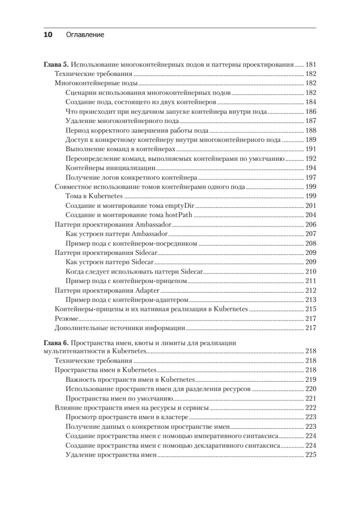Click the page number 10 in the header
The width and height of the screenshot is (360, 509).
tap(47, 35)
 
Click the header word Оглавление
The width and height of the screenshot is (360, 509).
tap(85, 35)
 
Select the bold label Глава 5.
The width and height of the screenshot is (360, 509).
tap(56, 65)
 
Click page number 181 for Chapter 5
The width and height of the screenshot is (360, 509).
tap(311, 65)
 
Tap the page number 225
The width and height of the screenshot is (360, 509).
tap(311, 455)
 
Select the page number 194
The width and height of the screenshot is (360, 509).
tap(311, 168)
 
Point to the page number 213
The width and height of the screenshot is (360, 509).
tap(311, 299)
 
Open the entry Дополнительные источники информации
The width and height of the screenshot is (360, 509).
tap(120, 327)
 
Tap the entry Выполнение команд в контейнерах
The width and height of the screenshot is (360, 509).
tap(121, 149)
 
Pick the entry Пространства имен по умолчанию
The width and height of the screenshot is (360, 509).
tap(119, 398)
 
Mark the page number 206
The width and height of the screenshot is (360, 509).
tap(311, 224)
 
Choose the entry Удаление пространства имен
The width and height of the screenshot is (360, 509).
tap(112, 455)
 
